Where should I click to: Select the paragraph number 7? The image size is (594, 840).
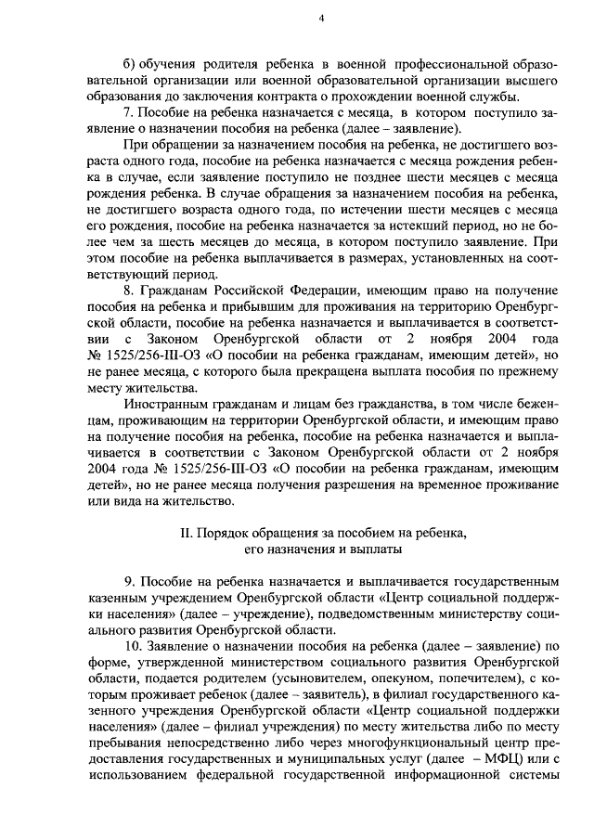tap(129, 112)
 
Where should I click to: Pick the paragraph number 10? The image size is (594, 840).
tap(132, 645)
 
